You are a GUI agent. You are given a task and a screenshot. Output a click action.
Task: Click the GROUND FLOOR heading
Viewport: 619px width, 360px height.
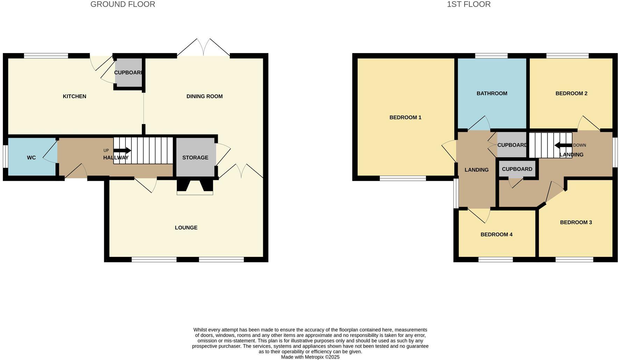click(x=123, y=4)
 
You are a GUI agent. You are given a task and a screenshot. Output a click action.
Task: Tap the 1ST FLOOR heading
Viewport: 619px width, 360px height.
click(x=468, y=4)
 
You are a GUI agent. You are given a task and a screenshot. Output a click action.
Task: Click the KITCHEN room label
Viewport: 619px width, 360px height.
click(x=74, y=96)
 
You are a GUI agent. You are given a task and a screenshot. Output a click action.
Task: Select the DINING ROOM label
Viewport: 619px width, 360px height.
click(x=204, y=96)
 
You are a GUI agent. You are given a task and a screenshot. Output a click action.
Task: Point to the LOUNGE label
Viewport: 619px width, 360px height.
click(x=186, y=228)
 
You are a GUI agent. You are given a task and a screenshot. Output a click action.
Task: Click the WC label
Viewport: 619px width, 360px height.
click(x=31, y=158)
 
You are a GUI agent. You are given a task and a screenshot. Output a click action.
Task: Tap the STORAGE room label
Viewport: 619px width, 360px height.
click(x=195, y=158)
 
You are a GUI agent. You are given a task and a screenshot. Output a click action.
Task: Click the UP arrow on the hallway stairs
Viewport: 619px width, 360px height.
click(x=122, y=151)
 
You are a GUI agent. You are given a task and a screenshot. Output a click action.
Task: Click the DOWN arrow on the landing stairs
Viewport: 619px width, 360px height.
click(x=563, y=145)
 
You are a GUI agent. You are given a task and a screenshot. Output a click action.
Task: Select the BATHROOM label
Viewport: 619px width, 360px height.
click(x=492, y=93)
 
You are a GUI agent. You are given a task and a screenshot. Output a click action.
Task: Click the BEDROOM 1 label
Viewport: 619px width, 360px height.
click(x=405, y=117)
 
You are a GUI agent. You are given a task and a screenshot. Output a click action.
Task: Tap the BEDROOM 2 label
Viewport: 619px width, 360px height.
click(x=571, y=93)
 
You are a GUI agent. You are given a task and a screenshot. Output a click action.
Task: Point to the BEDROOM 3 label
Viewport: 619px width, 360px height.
click(x=576, y=222)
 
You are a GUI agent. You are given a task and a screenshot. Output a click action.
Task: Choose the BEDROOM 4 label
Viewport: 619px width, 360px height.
click(x=496, y=235)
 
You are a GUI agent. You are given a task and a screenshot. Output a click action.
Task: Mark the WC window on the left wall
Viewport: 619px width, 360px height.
click(x=5, y=156)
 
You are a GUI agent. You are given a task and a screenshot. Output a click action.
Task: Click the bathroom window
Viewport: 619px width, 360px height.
click(x=491, y=56)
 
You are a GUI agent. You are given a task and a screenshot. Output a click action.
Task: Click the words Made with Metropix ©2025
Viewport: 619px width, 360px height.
click(x=310, y=357)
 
